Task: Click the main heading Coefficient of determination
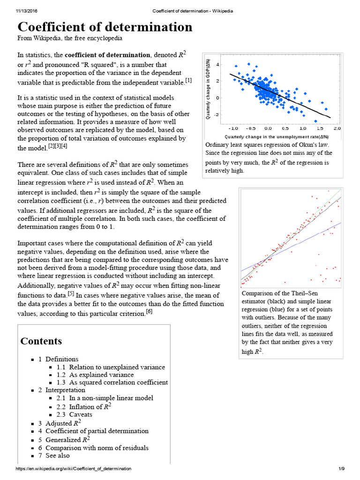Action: pyautogui.click(x=105, y=27)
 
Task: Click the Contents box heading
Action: pyautogui.click(x=41, y=341)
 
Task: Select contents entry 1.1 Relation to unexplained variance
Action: pyautogui.click(x=111, y=367)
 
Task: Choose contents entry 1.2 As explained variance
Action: pyautogui.click(x=95, y=375)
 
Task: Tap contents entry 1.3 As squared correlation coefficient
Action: pyautogui.click(x=112, y=382)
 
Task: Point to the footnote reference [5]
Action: pyautogui.click(x=71, y=293)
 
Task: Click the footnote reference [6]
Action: pyautogui.click(x=149, y=312)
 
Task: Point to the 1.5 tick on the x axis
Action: pyautogui.click(x=320, y=128)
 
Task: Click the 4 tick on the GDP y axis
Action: pyautogui.click(x=217, y=64)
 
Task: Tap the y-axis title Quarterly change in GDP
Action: pyautogui.click(x=208, y=89)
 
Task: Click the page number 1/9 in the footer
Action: pyautogui.click(x=341, y=469)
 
